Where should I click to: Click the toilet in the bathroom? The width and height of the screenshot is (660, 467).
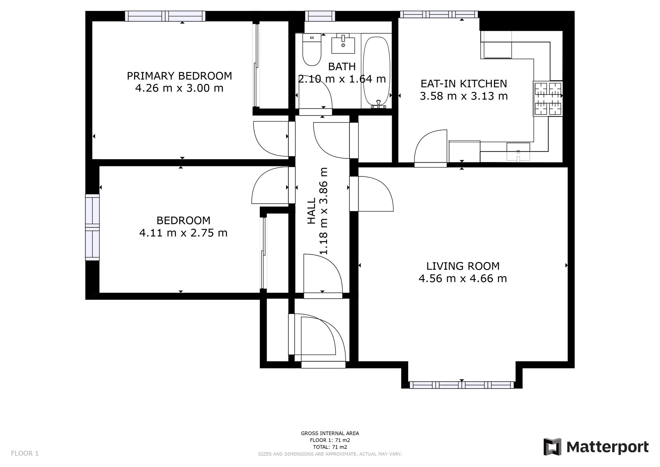click(x=312, y=50)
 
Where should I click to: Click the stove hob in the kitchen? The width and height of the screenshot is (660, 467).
click(x=548, y=99)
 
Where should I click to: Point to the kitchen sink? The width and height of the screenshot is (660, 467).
click(x=518, y=152)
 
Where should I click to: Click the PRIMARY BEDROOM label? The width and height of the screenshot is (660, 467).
click(x=179, y=76)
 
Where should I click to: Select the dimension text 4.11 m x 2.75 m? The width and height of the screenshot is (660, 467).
click(x=183, y=233)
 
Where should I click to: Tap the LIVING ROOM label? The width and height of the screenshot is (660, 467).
click(x=463, y=266)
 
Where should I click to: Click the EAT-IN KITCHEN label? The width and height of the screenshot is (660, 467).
click(x=464, y=84)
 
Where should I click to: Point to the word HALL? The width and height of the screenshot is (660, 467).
click(x=312, y=211)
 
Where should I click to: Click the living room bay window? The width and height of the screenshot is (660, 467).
click(x=462, y=385)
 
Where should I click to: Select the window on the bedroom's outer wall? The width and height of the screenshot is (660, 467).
click(x=92, y=227)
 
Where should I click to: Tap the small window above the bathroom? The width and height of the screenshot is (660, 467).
click(x=320, y=16)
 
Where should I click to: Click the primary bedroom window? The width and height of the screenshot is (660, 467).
click(x=165, y=16)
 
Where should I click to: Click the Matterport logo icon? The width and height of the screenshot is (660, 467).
click(x=552, y=447)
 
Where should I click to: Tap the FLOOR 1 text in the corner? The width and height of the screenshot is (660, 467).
click(x=25, y=454)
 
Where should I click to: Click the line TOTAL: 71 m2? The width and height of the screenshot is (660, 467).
click(x=330, y=447)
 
